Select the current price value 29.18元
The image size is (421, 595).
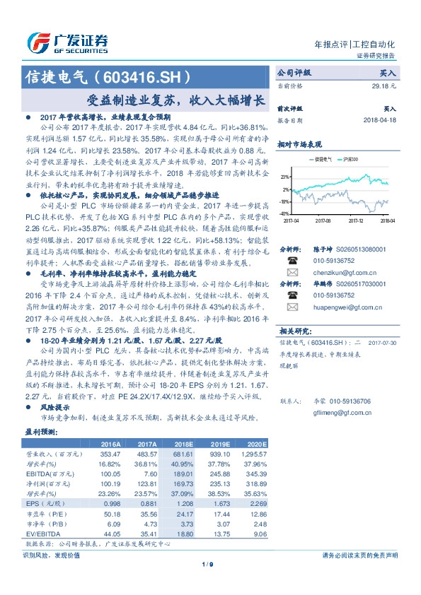[385, 85]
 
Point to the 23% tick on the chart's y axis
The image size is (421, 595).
[284, 177]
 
